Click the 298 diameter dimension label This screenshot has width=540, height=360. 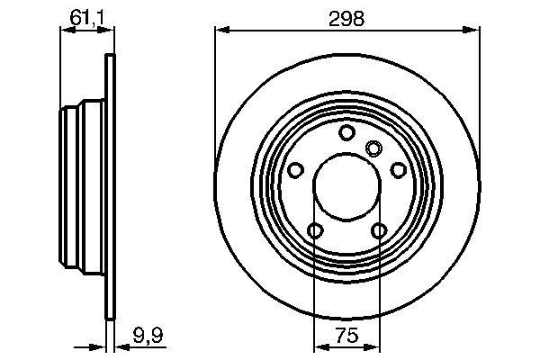tap(346, 19)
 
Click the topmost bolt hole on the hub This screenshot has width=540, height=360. tap(347, 133)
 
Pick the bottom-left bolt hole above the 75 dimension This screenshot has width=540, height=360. tap(314, 232)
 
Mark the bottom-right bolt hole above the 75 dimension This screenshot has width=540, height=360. tap(380, 232)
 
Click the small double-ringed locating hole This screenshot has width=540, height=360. tap(374, 148)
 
